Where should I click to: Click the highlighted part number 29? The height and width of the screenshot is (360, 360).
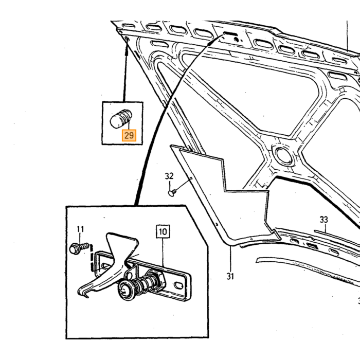click(129, 135)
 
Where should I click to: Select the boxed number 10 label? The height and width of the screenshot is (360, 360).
click(163, 231)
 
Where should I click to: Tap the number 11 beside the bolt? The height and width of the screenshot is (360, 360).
click(80, 229)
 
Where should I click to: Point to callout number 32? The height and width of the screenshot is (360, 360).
click(169, 176)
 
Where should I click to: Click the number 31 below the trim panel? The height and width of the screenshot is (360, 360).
click(230, 276)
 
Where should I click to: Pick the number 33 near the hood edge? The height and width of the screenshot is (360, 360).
click(323, 220)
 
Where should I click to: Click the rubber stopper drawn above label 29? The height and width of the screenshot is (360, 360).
click(121, 118)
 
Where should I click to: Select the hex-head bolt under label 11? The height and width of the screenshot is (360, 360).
click(79, 248)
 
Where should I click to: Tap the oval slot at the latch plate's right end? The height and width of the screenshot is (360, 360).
click(179, 285)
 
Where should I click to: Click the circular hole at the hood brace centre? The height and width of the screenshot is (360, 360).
click(284, 156)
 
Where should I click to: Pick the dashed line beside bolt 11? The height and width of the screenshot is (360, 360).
click(92, 258)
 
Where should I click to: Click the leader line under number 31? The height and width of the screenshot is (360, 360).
click(230, 259)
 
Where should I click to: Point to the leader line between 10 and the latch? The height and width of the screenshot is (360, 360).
click(163, 252)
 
